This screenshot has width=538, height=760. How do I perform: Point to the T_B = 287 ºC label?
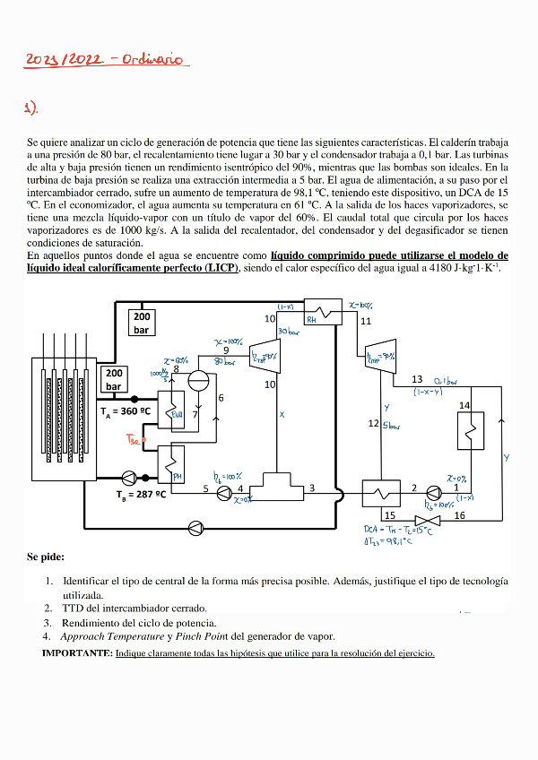pos(141,494)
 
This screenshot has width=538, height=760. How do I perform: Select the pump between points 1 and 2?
pos(435,489)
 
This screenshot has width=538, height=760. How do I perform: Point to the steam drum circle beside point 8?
pos(198,380)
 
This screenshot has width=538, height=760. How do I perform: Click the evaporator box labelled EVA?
pos(174,409)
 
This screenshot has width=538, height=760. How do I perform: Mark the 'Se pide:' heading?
pos(46,557)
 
